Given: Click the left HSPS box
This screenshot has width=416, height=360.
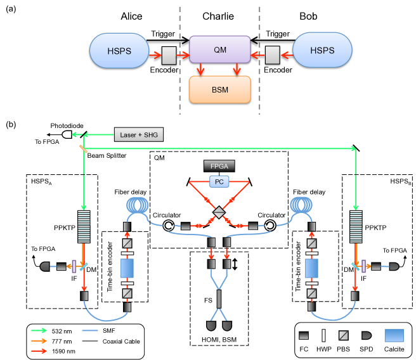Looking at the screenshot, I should (120, 51).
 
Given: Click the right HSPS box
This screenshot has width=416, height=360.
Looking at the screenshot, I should (322, 51).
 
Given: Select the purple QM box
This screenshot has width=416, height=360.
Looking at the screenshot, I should (220, 49).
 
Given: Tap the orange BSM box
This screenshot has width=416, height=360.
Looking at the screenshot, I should (220, 89).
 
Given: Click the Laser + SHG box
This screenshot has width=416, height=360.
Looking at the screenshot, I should (139, 134).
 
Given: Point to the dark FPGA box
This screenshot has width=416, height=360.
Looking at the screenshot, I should (219, 165).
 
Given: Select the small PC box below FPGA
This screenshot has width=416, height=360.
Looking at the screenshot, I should (219, 182).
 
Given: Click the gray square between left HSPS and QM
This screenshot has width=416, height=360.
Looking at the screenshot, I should (169, 55).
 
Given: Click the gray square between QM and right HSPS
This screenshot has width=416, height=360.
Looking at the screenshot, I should (273, 55).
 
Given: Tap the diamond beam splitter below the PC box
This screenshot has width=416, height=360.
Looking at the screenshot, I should (219, 212).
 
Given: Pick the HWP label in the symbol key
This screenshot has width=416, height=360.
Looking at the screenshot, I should (324, 349).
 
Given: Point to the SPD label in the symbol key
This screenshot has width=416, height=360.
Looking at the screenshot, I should (366, 349).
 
